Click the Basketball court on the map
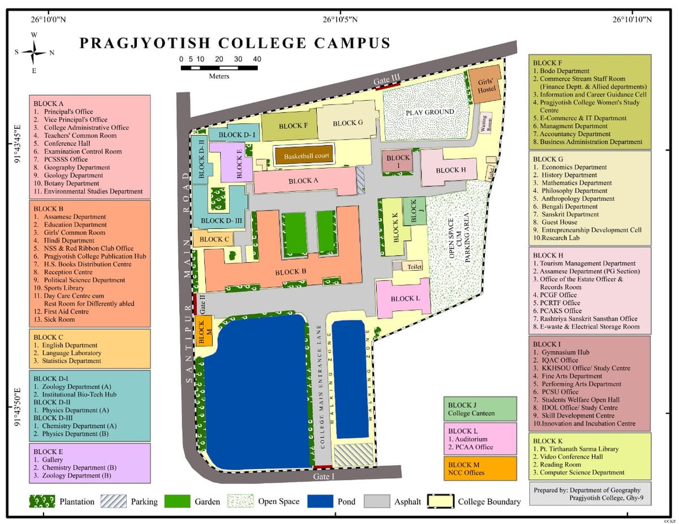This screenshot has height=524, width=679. [306, 156]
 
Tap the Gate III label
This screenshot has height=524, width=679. [387, 81]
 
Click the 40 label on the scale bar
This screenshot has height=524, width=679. [257, 59]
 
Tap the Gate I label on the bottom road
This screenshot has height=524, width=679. [324, 477]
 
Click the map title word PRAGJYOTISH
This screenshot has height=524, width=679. [145, 44]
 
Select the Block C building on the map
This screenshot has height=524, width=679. [213, 239]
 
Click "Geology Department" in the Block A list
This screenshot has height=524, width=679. [74, 175]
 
